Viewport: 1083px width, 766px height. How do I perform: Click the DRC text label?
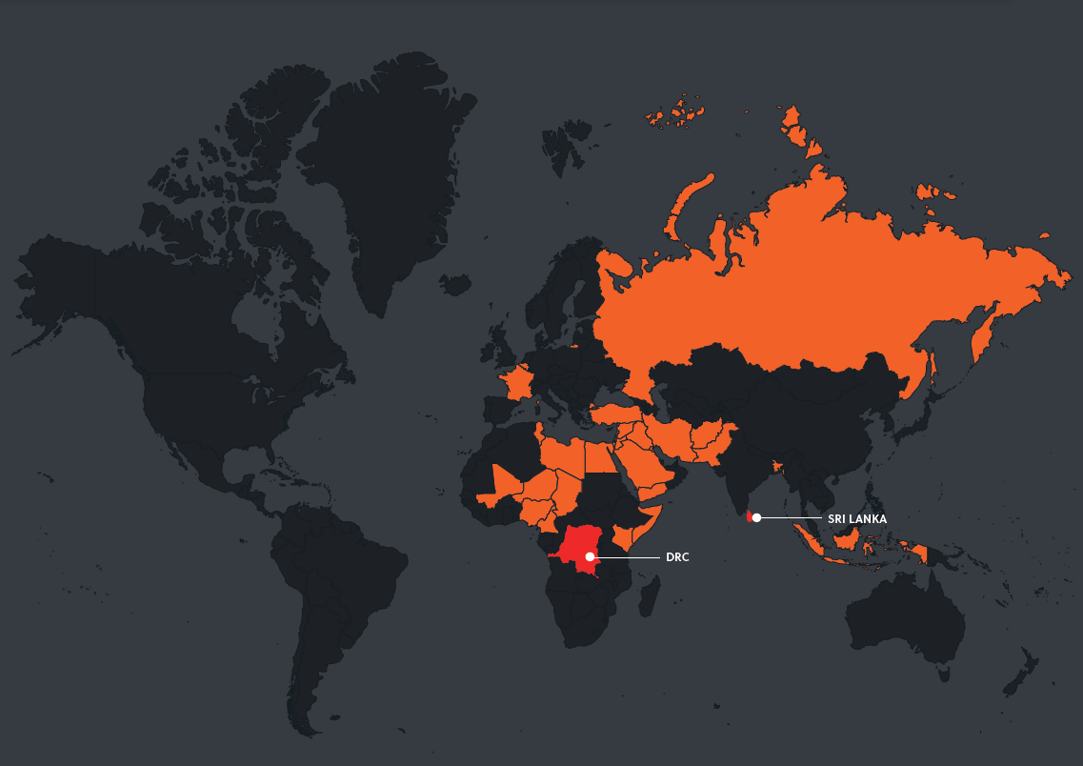click(x=676, y=556)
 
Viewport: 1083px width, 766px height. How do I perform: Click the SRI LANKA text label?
click(x=857, y=518)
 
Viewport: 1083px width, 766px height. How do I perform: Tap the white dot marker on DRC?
click(x=591, y=555)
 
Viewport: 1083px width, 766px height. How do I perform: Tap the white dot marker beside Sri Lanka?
click(x=756, y=517)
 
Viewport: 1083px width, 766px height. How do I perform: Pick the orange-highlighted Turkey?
click(x=619, y=415)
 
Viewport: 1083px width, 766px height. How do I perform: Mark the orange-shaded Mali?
click(x=504, y=480)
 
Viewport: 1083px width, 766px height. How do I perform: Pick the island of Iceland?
click(x=455, y=284)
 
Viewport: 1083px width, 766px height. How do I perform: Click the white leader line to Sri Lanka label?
click(x=791, y=517)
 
